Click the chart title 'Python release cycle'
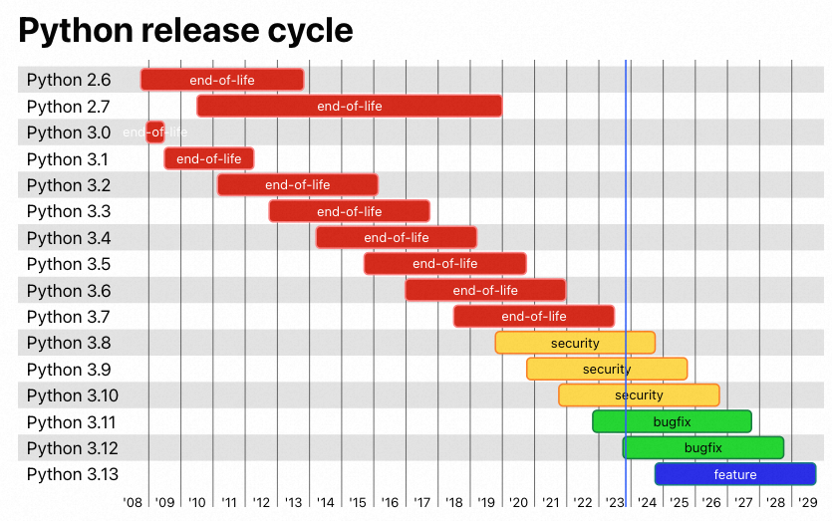[x=185, y=31]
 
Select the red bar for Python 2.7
[x=349, y=106]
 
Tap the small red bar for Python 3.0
[x=155, y=131]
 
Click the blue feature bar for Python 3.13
[x=735, y=474]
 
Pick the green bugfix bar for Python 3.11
[x=672, y=421]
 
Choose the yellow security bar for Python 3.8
[x=575, y=343]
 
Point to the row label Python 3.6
[x=69, y=291]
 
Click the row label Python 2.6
[x=69, y=80]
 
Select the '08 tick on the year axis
[x=133, y=503]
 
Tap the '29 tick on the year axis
[x=807, y=503]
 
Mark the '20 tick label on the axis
[x=518, y=503]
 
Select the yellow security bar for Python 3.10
[x=639, y=395]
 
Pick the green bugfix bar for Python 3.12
[x=703, y=448]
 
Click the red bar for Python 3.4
[x=397, y=237]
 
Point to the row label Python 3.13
[x=73, y=474]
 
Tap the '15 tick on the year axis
[x=358, y=503]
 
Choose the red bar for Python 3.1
[x=209, y=158]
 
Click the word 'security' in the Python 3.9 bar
[x=607, y=370]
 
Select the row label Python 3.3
[x=69, y=211]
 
